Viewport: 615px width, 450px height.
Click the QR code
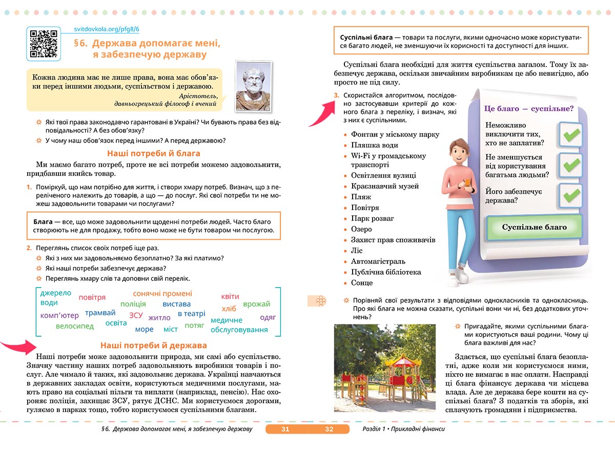tap(44, 44)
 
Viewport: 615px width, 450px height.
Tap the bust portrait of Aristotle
tap(253, 86)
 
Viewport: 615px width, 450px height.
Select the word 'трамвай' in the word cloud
tap(100, 313)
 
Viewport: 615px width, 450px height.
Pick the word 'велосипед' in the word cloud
tap(75, 326)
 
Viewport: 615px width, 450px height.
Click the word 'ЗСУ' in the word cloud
tap(136, 315)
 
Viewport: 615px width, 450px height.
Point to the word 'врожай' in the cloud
tap(257, 304)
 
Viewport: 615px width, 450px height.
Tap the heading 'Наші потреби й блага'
tap(154, 153)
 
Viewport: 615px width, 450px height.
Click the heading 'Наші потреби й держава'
tap(154, 345)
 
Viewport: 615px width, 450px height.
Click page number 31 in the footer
tap(285, 429)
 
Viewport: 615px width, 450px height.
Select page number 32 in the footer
tap(330, 429)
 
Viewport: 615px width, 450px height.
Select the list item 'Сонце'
tap(362, 283)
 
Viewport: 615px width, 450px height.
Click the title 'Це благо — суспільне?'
tap(528, 109)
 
